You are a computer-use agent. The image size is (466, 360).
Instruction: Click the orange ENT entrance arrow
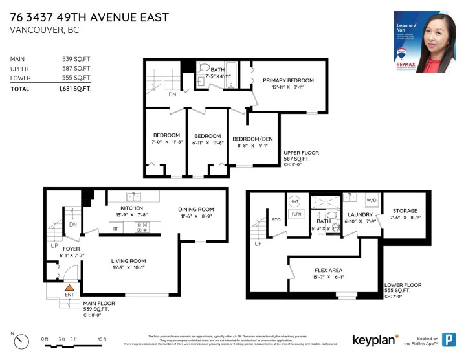coord(69,287)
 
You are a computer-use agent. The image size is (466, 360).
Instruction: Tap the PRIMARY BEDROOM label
coord(288,80)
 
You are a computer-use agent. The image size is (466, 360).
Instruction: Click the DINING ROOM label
coord(196,209)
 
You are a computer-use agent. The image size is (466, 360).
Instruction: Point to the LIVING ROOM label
coord(128,261)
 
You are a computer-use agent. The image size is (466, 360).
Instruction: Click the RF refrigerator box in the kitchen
coord(116,228)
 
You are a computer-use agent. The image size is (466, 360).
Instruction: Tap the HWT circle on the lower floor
coord(294,201)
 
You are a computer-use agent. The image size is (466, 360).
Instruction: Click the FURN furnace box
coord(296,214)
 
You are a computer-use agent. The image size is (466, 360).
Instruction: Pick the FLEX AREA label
coord(329,270)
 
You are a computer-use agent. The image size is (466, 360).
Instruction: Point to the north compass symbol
coord(22,340)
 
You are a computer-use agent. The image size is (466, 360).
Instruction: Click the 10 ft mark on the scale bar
coord(102,339)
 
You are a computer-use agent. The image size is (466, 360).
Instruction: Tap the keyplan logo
coord(375,340)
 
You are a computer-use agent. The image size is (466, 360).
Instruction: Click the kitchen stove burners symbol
coord(142,228)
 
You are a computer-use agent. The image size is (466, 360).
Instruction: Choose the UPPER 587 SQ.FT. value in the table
coord(76,68)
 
